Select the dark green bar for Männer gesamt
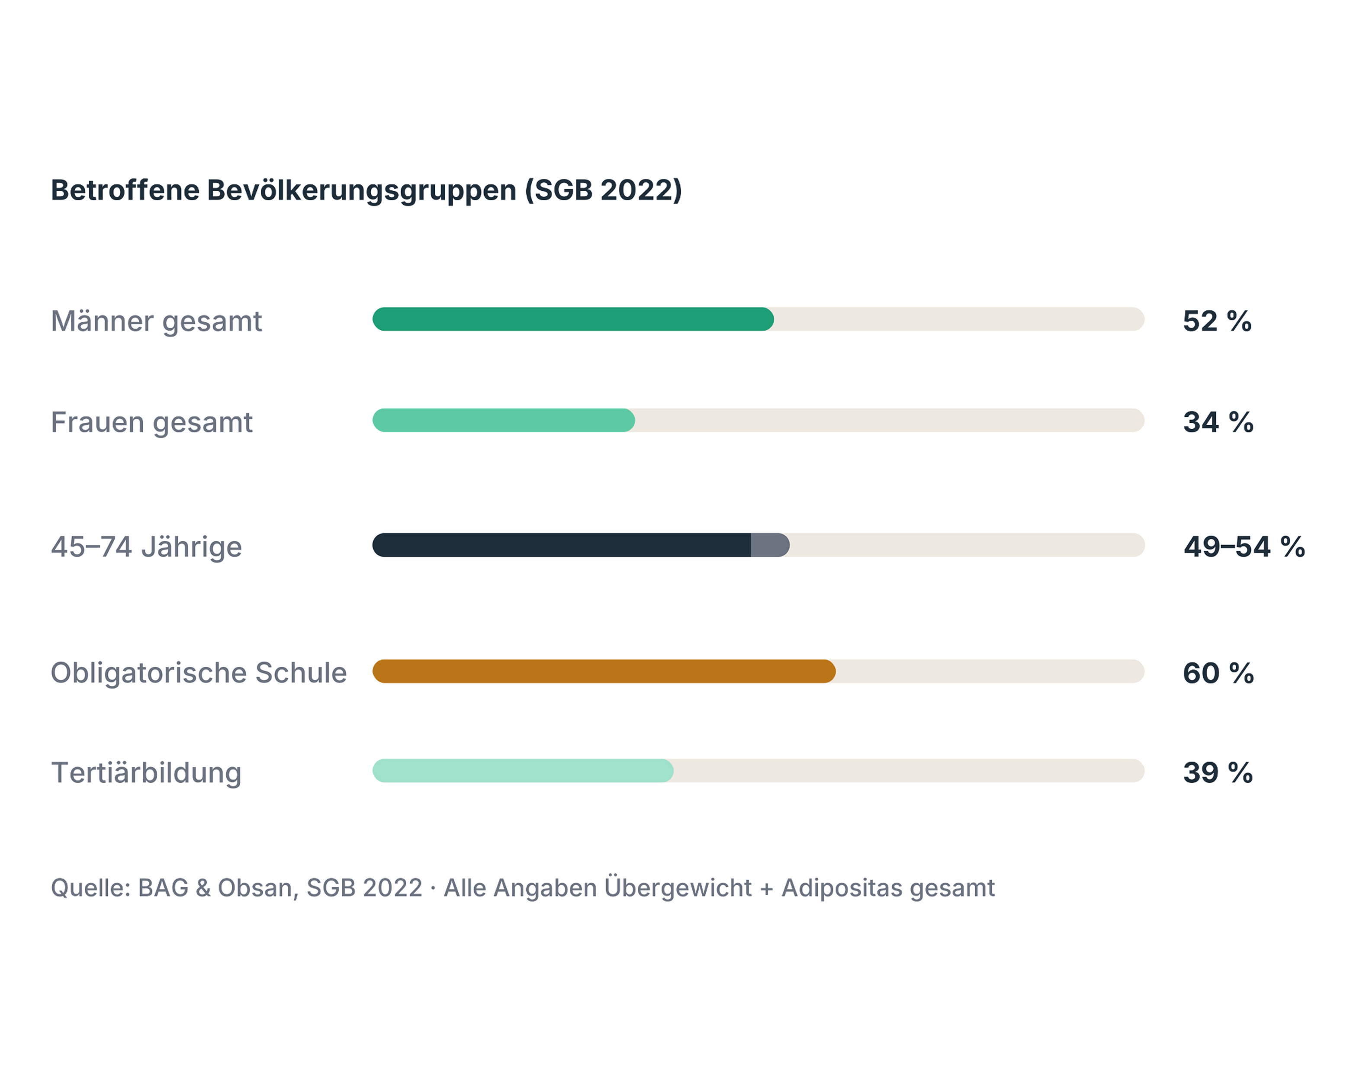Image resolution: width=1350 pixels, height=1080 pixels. [573, 319]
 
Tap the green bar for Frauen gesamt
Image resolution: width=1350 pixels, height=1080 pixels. [503, 420]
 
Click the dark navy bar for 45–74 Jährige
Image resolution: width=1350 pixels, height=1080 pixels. [562, 545]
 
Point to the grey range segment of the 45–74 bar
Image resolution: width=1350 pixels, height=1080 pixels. [770, 545]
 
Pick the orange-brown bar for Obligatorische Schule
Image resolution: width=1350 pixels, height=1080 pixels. [604, 671]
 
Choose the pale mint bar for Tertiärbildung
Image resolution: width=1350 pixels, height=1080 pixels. [523, 771]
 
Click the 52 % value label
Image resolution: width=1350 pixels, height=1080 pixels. [1217, 321]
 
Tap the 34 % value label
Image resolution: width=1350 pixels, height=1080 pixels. [1218, 422]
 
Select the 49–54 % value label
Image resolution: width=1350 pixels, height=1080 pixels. [1244, 546]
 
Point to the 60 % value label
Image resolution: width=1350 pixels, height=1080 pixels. [1218, 673]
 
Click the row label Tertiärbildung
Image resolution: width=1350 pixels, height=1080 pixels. [146, 773]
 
